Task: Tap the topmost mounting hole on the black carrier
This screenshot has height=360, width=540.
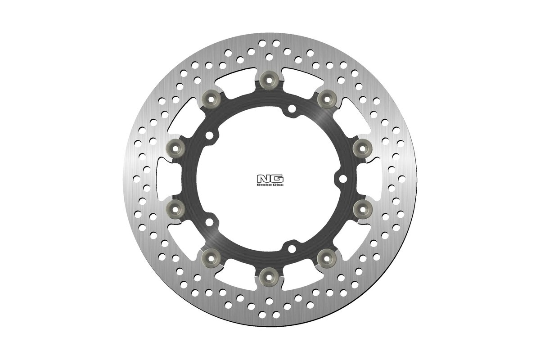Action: tap(292, 108)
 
